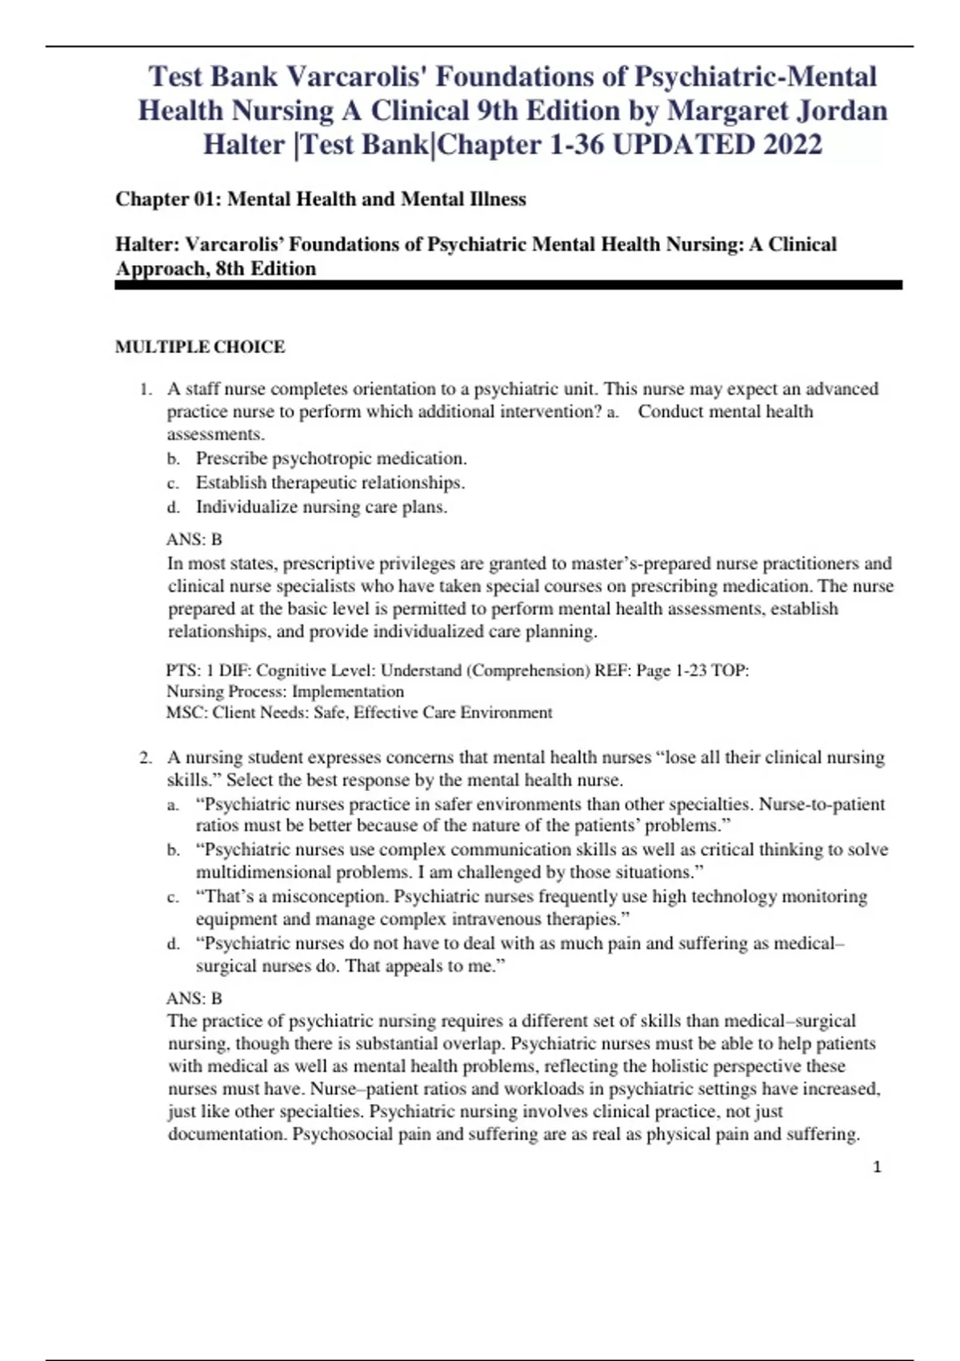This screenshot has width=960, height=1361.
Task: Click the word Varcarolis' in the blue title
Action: (x=356, y=77)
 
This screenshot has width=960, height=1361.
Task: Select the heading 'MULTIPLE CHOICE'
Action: (x=200, y=347)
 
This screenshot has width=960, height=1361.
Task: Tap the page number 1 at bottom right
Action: (x=877, y=1167)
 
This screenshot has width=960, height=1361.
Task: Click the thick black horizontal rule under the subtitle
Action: (x=509, y=285)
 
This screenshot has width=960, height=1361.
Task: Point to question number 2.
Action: (x=145, y=757)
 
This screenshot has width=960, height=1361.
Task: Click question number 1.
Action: (x=145, y=389)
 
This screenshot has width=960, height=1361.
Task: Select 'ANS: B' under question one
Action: (x=194, y=540)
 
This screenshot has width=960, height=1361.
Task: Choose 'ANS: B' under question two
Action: (x=194, y=998)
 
